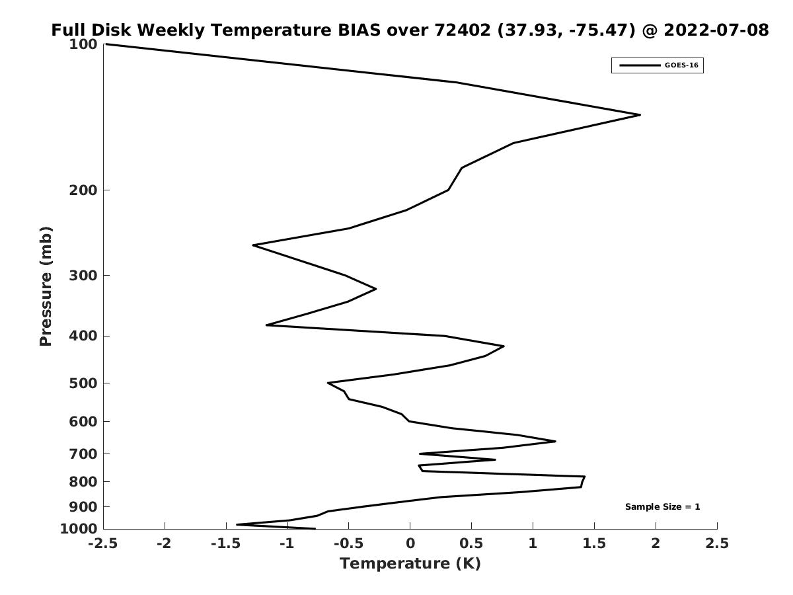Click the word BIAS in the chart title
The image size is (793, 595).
click(359, 30)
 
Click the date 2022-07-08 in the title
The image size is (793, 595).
click(716, 30)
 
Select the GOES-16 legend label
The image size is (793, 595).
click(681, 65)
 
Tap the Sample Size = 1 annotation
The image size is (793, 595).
click(662, 507)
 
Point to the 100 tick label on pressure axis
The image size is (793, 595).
click(83, 44)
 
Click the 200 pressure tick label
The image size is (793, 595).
click(83, 190)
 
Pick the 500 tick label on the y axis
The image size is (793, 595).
click(83, 383)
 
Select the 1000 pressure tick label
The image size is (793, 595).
click(79, 529)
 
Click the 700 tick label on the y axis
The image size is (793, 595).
click(83, 454)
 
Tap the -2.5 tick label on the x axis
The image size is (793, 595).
click(103, 543)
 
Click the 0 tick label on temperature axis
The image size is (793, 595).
click(410, 543)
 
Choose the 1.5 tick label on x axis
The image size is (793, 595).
click(594, 543)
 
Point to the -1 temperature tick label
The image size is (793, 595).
click(287, 543)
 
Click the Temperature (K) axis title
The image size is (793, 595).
click(410, 563)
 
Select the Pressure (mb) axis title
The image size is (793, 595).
click(46, 286)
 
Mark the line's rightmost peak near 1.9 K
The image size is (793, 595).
click(640, 115)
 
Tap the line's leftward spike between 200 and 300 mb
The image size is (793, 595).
click(253, 245)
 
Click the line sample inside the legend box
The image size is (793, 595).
click(640, 65)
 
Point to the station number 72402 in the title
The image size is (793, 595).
click(463, 30)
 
